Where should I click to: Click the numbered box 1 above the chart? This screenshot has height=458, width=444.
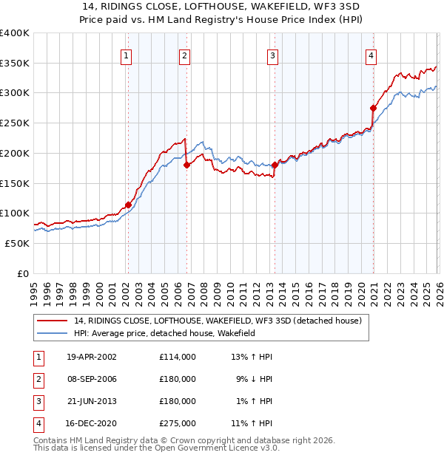pyautogui.click(x=127, y=55)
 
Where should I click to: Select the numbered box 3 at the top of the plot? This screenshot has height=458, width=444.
pyautogui.click(x=272, y=55)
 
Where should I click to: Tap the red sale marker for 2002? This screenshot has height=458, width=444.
pyautogui.click(x=128, y=205)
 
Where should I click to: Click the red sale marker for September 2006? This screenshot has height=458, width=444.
pyautogui.click(x=186, y=165)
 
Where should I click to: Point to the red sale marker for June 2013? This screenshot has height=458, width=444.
pyautogui.click(x=275, y=165)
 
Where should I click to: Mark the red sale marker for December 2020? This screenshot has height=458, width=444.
pyautogui.click(x=373, y=108)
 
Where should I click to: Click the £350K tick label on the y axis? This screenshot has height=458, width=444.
pyautogui.click(x=15, y=64)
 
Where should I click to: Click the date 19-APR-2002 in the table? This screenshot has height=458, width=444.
pyautogui.click(x=92, y=357)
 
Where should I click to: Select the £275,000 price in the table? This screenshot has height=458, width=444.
pyautogui.click(x=177, y=423)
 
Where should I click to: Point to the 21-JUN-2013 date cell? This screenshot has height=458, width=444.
pyautogui.click(x=92, y=401)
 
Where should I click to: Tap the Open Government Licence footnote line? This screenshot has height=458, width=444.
pyautogui.click(x=157, y=448)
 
